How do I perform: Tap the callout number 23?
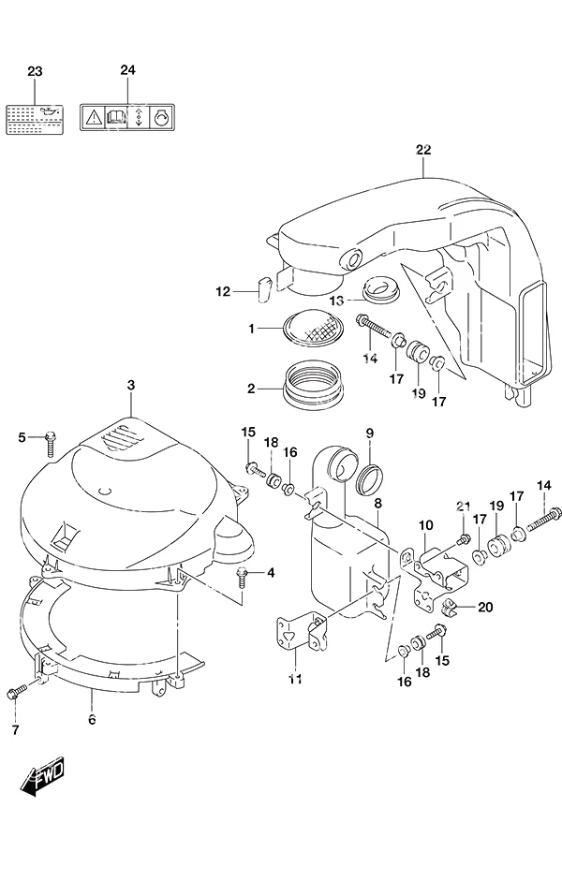35,71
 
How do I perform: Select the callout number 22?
423,150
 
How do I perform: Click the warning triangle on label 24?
93,118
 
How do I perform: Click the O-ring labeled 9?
368,479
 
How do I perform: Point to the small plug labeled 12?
264,288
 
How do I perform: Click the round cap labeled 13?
381,289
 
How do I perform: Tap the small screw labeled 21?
463,538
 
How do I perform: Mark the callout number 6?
92,719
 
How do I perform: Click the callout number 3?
131,385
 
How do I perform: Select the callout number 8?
377,503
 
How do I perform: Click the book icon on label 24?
116,118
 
